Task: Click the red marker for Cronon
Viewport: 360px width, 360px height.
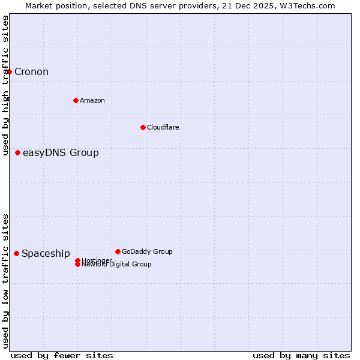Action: point(9,72)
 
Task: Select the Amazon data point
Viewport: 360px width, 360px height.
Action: point(76,100)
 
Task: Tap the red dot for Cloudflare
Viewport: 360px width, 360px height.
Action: point(143,127)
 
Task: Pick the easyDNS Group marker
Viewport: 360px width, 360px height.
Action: point(18,152)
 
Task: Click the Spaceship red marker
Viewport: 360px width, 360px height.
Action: point(16,253)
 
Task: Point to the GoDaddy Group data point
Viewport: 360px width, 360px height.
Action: point(118,251)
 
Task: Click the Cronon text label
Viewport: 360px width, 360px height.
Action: point(31,72)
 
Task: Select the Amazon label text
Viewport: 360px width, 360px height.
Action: point(92,100)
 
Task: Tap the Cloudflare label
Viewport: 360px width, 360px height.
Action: point(163,127)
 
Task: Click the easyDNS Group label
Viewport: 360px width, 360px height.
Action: point(61,152)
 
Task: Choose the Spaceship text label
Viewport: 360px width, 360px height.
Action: point(46,253)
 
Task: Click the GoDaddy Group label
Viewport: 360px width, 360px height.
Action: point(147,251)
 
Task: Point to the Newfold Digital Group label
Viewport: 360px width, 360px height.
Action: point(116,265)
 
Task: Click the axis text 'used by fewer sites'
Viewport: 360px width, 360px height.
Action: point(62,355)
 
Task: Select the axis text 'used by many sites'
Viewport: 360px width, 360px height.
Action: point(301,355)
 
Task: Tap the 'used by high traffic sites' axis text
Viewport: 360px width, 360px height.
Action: point(5,85)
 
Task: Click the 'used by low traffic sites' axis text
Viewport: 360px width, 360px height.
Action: point(5,281)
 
